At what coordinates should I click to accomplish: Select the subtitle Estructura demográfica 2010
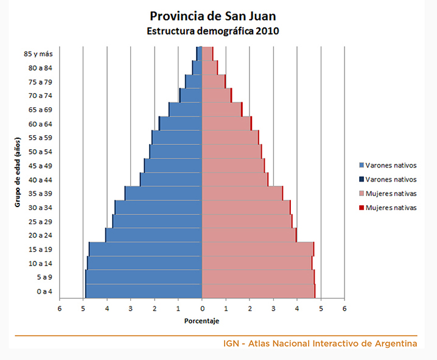click(x=212, y=31)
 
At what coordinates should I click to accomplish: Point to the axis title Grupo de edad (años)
click(x=18, y=172)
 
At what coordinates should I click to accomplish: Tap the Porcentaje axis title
click(x=202, y=320)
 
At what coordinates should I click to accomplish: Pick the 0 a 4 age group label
click(x=44, y=291)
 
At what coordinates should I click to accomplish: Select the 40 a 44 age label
click(x=40, y=180)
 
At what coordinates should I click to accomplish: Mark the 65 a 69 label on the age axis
click(x=40, y=110)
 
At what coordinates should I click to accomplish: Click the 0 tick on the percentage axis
click(x=202, y=308)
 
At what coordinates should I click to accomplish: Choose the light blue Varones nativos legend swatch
click(x=362, y=166)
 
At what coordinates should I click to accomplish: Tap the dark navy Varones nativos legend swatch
click(x=362, y=180)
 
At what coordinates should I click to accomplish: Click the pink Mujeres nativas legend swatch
click(x=362, y=194)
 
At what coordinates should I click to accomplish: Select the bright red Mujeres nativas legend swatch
click(x=362, y=208)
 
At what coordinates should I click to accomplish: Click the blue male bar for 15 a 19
click(x=146, y=249)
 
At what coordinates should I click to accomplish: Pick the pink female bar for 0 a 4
click(x=258, y=291)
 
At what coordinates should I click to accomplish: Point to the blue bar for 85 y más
click(x=200, y=54)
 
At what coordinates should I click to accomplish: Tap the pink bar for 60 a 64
click(x=226, y=124)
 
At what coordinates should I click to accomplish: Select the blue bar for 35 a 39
click(x=164, y=194)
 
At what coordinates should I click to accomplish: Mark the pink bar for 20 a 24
click(x=248, y=235)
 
